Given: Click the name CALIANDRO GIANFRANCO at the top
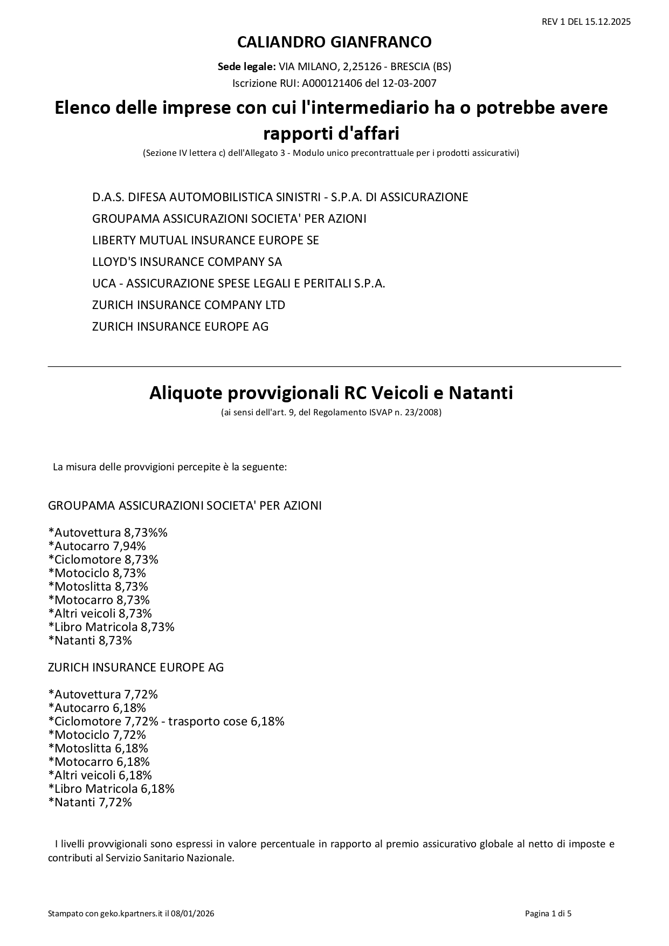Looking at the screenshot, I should (334, 42).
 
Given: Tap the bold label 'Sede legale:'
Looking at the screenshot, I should (247, 67).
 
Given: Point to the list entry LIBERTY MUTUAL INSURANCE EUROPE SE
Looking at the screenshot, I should (205, 240).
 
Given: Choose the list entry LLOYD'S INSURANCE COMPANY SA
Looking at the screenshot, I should (187, 262).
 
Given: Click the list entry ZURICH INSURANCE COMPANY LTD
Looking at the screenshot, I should (189, 305).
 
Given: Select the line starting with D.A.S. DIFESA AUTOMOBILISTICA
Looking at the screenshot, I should (280, 197).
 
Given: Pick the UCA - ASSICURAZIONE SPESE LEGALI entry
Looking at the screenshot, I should (238, 283).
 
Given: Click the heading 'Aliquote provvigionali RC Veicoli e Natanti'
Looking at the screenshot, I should (331, 393).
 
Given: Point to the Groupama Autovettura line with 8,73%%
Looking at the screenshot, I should (108, 532).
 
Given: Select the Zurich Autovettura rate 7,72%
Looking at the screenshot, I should (141, 694).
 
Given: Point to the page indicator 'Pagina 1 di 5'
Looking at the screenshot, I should (548, 914).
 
